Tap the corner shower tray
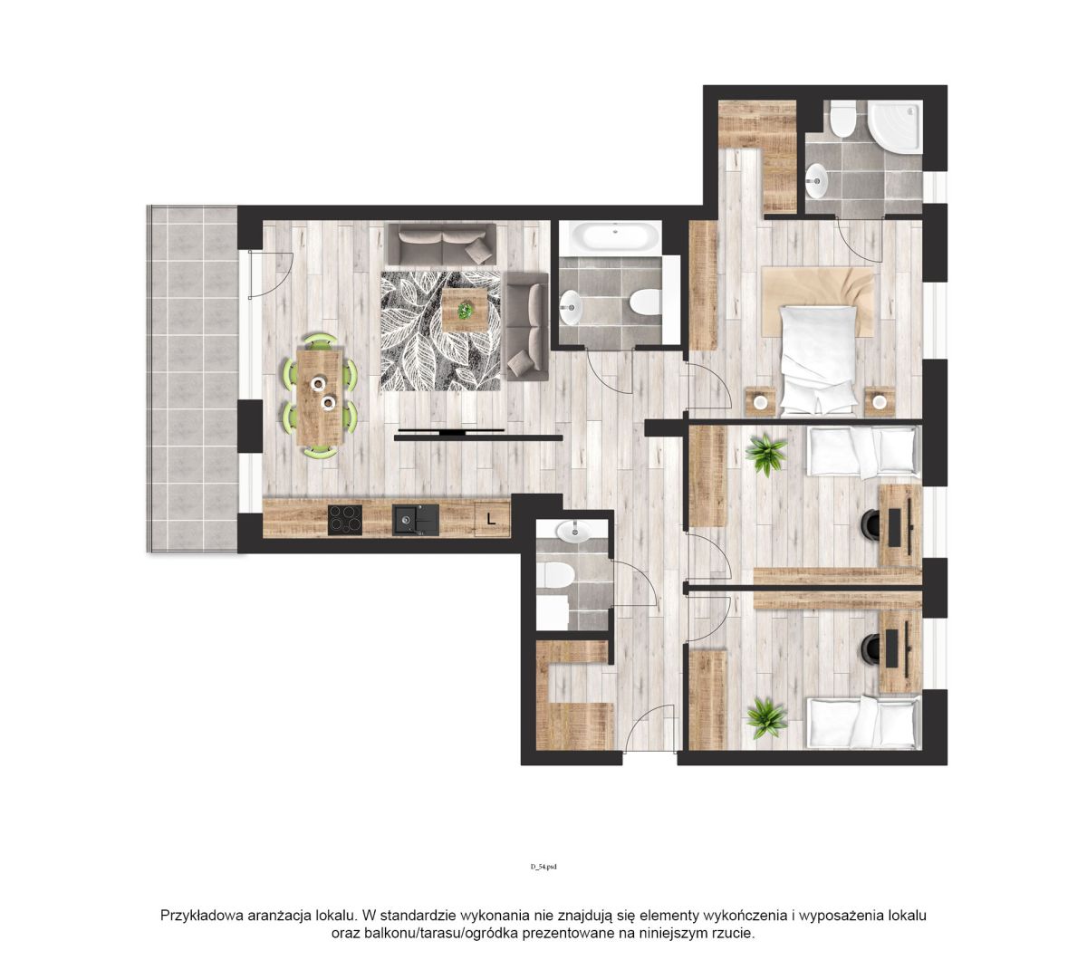tap(894, 127)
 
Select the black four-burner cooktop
tap(344, 520)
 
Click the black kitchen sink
tap(415, 520)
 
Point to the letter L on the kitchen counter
tap(490, 518)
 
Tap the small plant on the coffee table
tap(465, 310)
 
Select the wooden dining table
tap(320, 398)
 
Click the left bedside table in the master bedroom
tap(760, 401)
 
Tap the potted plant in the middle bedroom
tap(766, 455)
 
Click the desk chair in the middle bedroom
tap(871, 523)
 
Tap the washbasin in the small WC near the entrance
tap(573, 532)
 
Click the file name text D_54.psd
tap(543, 867)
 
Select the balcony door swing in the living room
tap(272, 274)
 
